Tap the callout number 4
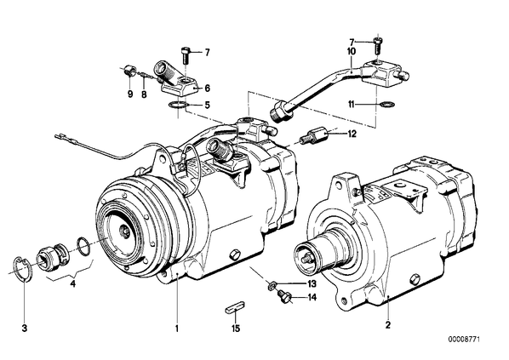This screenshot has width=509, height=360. [x=73, y=284]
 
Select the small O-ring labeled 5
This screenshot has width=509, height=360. [x=177, y=105]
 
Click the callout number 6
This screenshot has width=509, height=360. [x=207, y=89]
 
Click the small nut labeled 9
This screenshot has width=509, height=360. [x=130, y=70]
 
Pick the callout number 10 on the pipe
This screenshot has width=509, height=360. [x=352, y=51]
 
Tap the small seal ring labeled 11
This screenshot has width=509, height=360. [x=387, y=104]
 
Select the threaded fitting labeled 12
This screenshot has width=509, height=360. [x=312, y=134]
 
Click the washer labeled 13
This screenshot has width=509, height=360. [x=272, y=285]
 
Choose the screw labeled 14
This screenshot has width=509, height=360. [x=283, y=297]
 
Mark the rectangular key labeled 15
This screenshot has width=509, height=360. [x=236, y=309]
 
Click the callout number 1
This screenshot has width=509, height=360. [x=177, y=329]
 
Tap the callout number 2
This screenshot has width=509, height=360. [x=388, y=325]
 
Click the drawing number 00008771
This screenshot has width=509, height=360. [x=464, y=340]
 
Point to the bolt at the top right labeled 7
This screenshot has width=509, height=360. [x=379, y=45]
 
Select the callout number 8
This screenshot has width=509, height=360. [x=144, y=94]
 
